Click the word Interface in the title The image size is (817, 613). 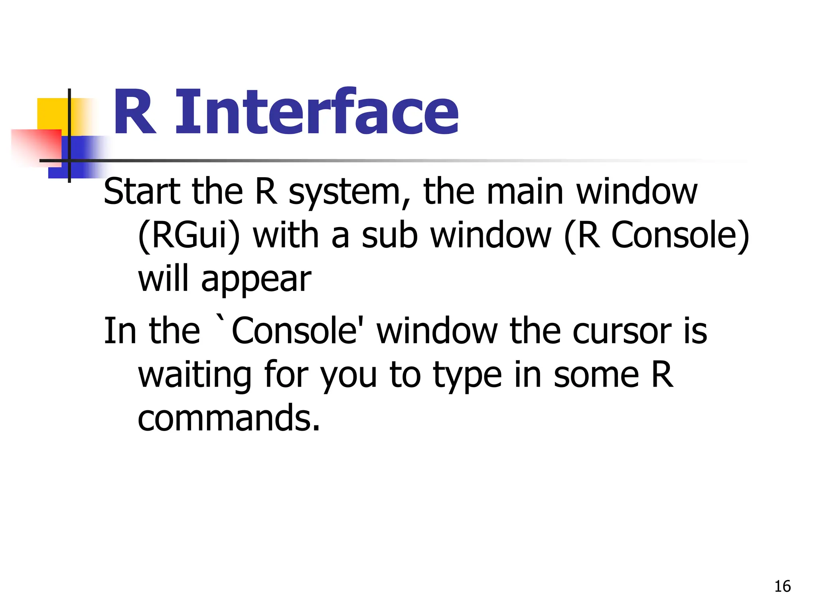point(317,112)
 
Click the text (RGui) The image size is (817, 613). point(189,236)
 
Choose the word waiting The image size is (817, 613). point(195,376)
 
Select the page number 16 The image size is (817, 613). point(782,586)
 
